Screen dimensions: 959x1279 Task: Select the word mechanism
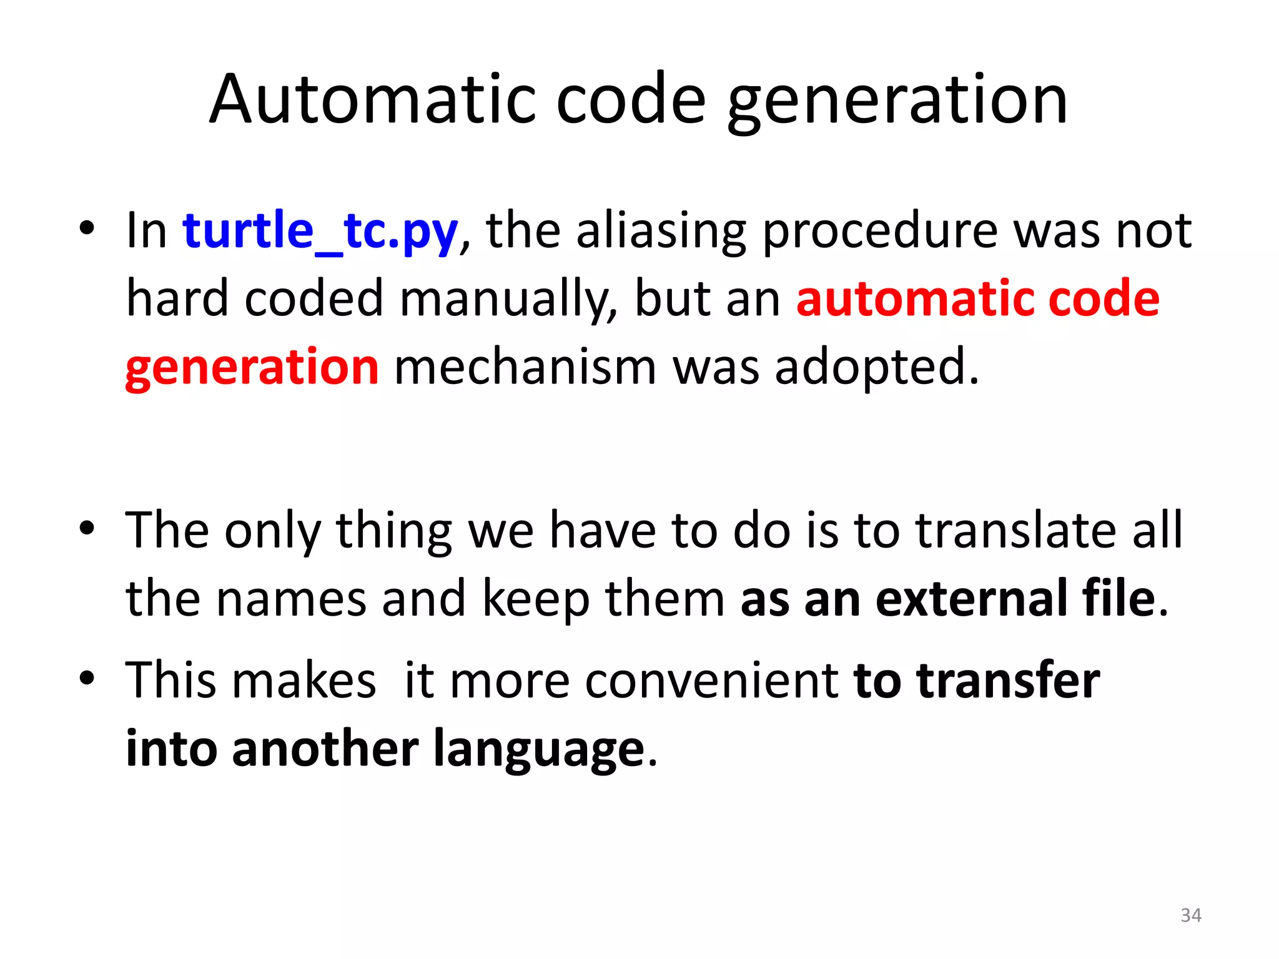525,367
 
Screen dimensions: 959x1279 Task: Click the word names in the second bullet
291,599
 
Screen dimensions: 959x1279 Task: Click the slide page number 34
1190,915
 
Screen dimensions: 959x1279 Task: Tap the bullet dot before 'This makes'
87,677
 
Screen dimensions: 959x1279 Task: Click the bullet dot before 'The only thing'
87,528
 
